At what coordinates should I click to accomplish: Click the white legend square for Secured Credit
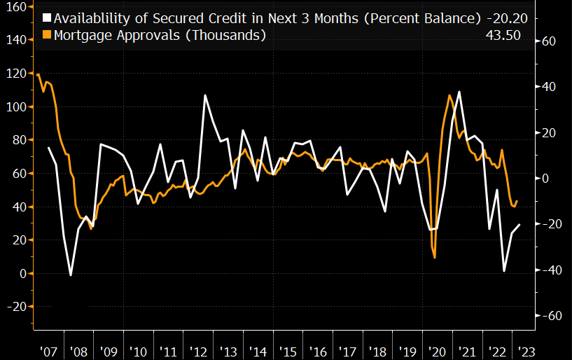(47, 17)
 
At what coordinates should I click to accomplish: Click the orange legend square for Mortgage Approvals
(47, 35)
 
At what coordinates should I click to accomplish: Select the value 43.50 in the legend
(503, 35)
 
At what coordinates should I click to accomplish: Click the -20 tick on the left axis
(15, 306)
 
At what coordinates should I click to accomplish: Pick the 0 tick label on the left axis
(22, 273)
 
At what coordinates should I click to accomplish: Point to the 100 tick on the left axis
(15, 106)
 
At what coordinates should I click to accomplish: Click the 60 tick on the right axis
(548, 41)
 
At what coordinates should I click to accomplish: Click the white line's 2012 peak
(205, 95)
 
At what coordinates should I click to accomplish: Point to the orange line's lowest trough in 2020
(435, 258)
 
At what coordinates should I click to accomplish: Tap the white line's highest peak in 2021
(459, 92)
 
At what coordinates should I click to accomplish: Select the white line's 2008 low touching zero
(71, 275)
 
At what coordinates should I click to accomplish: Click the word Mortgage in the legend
(81, 35)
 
